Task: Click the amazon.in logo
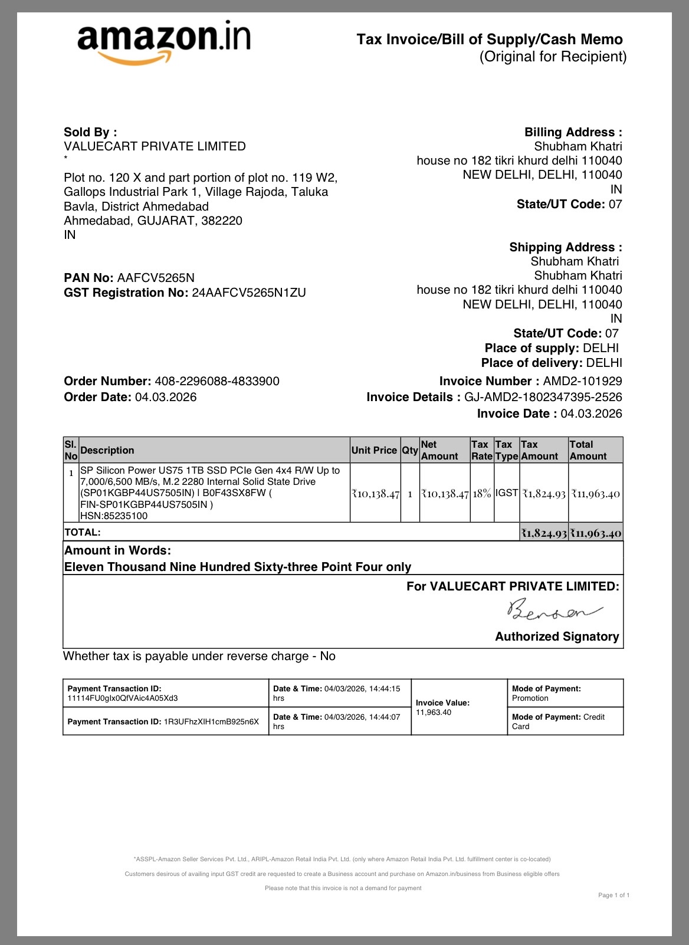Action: click(164, 41)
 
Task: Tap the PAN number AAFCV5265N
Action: click(156, 278)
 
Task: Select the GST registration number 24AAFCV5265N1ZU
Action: click(249, 293)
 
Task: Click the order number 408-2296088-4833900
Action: click(217, 381)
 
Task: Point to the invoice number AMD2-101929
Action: click(582, 381)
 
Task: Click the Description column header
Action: click(107, 450)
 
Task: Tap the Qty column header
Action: click(410, 450)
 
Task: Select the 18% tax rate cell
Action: click(482, 493)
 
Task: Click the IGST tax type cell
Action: click(507, 493)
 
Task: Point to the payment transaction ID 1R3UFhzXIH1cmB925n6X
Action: click(211, 721)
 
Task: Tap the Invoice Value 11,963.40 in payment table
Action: click(434, 713)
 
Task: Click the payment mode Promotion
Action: click(530, 698)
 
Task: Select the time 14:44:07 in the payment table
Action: click(385, 717)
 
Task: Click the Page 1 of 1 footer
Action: click(613, 895)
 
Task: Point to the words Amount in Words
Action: click(117, 550)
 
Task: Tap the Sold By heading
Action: click(90, 132)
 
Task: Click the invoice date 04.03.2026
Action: click(591, 414)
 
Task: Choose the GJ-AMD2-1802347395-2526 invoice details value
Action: click(543, 397)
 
